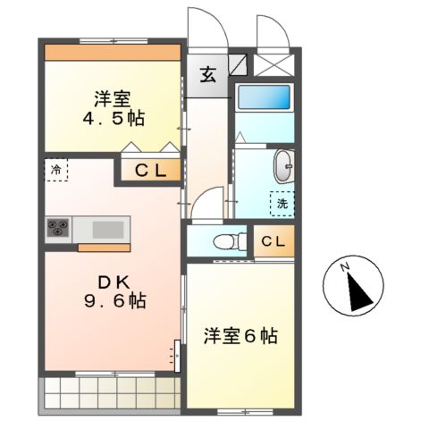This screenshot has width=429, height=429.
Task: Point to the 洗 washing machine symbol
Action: (x=282, y=204)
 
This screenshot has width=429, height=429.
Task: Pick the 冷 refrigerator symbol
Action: (x=55, y=169)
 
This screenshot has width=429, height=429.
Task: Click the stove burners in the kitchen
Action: (x=60, y=228)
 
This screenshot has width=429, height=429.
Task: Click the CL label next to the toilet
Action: (x=274, y=240)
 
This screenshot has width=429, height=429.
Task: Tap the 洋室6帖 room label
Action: (x=240, y=337)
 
